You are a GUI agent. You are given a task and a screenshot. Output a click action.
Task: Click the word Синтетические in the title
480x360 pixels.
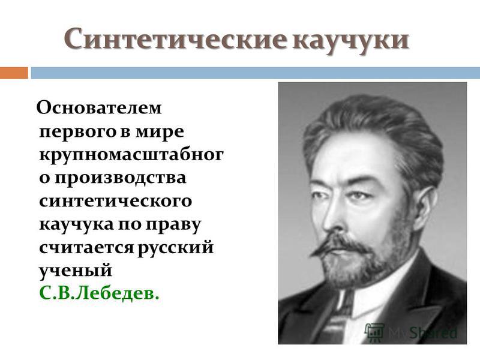pos(176,38)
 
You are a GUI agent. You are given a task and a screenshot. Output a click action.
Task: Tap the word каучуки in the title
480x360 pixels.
pos(351,39)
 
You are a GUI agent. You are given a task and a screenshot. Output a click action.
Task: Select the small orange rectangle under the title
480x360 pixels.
pos(14,73)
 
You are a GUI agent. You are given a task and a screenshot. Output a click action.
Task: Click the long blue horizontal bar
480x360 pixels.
pos(256,73)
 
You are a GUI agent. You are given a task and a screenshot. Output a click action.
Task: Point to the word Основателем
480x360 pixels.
pos(99,108)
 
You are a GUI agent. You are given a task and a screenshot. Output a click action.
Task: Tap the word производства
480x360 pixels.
pos(121,178)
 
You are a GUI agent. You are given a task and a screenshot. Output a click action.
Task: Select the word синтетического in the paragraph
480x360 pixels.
pos(116,201)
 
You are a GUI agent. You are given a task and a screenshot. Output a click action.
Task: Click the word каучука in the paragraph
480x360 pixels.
pos(76,224)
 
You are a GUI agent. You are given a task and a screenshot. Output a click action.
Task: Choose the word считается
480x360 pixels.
pos(86,247)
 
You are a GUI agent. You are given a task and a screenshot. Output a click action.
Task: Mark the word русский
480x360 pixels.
pos(176,248)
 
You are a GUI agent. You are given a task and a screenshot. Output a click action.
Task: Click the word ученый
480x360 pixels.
pos(76,271)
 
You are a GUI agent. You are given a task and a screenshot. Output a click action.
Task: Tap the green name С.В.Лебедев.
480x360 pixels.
pos(100,293)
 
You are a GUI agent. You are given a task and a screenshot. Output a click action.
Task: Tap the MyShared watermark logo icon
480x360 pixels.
pos(374,332)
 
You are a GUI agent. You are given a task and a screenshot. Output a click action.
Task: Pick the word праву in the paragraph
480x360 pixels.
pos(173,224)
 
